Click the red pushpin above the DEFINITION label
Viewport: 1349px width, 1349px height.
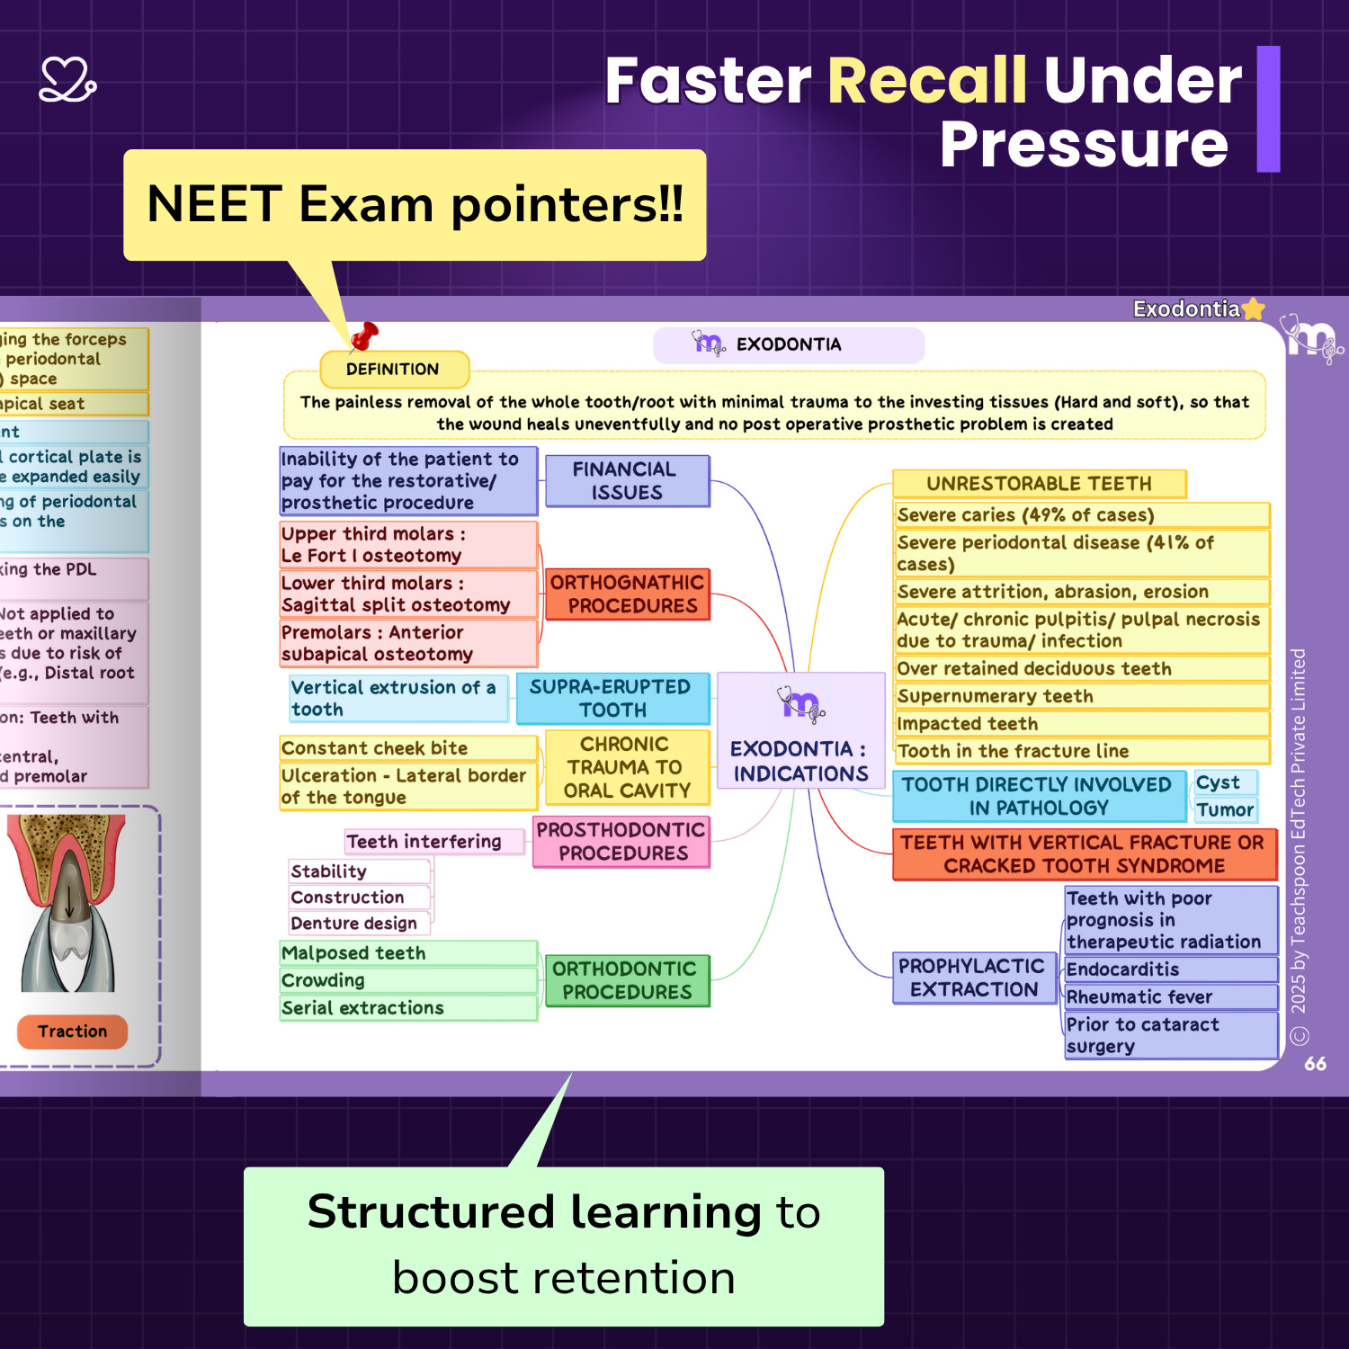(x=364, y=336)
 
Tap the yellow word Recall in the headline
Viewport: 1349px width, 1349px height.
(x=926, y=81)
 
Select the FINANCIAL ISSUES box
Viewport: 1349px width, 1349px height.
(x=627, y=481)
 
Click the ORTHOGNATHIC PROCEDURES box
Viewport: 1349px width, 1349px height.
(x=627, y=594)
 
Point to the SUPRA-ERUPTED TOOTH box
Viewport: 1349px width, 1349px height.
(x=612, y=699)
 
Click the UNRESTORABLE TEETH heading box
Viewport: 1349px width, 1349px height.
(x=1039, y=484)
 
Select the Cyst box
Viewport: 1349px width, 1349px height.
(x=1223, y=782)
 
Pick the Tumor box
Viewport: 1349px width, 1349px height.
(x=1224, y=809)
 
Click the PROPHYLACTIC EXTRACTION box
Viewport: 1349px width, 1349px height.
(x=972, y=978)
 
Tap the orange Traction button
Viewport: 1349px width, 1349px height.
(x=72, y=1032)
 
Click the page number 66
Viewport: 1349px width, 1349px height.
(x=1315, y=1064)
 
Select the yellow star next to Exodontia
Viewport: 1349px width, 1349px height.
(x=1253, y=309)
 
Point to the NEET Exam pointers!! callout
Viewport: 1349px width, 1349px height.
(x=415, y=205)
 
